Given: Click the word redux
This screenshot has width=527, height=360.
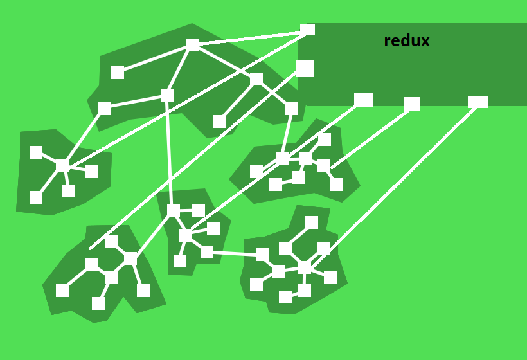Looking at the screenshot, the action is pyautogui.click(x=406, y=41).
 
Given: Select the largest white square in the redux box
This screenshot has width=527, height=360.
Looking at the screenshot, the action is pyautogui.click(x=305, y=68).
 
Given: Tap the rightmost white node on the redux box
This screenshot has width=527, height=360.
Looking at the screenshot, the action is pyautogui.click(x=478, y=102).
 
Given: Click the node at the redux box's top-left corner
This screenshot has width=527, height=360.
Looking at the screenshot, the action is pyautogui.click(x=308, y=30).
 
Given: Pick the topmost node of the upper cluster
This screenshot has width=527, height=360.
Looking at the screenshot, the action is pyautogui.click(x=192, y=44).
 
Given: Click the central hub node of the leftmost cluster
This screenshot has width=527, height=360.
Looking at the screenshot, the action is pyautogui.click(x=62, y=166).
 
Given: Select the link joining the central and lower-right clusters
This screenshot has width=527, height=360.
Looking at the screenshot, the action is pyautogui.click(x=235, y=254).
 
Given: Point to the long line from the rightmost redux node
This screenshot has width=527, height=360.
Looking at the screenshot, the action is pyautogui.click(x=398, y=180).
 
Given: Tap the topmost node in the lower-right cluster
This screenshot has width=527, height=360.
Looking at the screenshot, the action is pyautogui.click(x=312, y=222).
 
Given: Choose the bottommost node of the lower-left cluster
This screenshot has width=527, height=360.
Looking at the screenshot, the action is pyautogui.click(x=98, y=303).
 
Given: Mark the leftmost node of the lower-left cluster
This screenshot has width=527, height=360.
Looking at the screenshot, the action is pyautogui.click(x=62, y=291).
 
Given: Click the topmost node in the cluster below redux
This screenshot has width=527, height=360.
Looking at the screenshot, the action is pyautogui.click(x=325, y=139).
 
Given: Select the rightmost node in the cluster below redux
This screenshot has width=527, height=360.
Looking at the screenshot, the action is pyautogui.click(x=337, y=184).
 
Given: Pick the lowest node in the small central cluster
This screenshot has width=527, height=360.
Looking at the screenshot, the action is pyautogui.click(x=180, y=261).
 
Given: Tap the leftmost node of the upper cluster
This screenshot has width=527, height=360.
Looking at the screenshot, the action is pyautogui.click(x=105, y=109).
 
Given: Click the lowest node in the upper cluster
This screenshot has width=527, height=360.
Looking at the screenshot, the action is pyautogui.click(x=220, y=122).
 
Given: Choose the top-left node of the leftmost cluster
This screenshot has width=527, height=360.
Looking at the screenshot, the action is pyautogui.click(x=36, y=152).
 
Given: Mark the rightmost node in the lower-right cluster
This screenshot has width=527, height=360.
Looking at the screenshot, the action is pyautogui.click(x=330, y=278).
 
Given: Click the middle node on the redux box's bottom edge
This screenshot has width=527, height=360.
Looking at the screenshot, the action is pyautogui.click(x=412, y=104).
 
